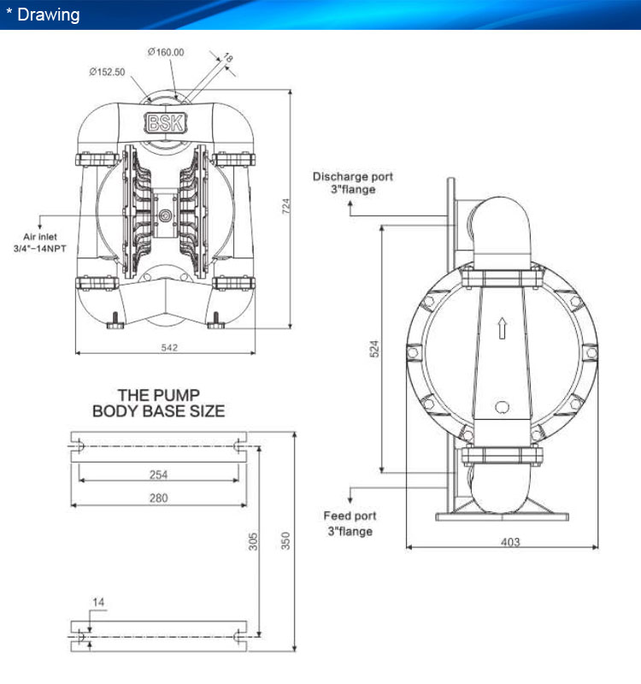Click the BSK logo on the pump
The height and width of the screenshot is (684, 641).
click(165, 122)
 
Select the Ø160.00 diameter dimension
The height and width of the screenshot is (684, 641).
click(166, 52)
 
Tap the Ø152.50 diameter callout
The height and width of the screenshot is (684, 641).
click(108, 72)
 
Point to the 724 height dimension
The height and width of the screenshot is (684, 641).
click(285, 206)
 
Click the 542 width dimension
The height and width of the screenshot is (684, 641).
click(169, 348)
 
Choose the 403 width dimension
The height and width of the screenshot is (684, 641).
click(510, 542)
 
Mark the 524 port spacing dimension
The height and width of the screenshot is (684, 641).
click(374, 349)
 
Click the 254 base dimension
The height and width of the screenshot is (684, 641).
click(158, 475)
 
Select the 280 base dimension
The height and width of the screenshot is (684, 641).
click(158, 498)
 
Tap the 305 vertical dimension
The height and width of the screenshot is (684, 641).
click(253, 541)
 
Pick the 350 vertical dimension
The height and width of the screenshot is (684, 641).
click(285, 540)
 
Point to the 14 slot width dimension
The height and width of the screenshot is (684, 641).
click(98, 603)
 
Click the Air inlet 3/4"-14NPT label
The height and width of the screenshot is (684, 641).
click(39, 243)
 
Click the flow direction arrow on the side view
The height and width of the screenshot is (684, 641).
click(503, 328)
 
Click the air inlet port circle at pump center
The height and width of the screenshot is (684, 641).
click(165, 215)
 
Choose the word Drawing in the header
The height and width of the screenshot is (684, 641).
click(49, 15)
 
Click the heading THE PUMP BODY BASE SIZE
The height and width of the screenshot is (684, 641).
click(159, 403)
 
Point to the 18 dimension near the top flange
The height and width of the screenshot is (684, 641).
click(228, 57)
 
